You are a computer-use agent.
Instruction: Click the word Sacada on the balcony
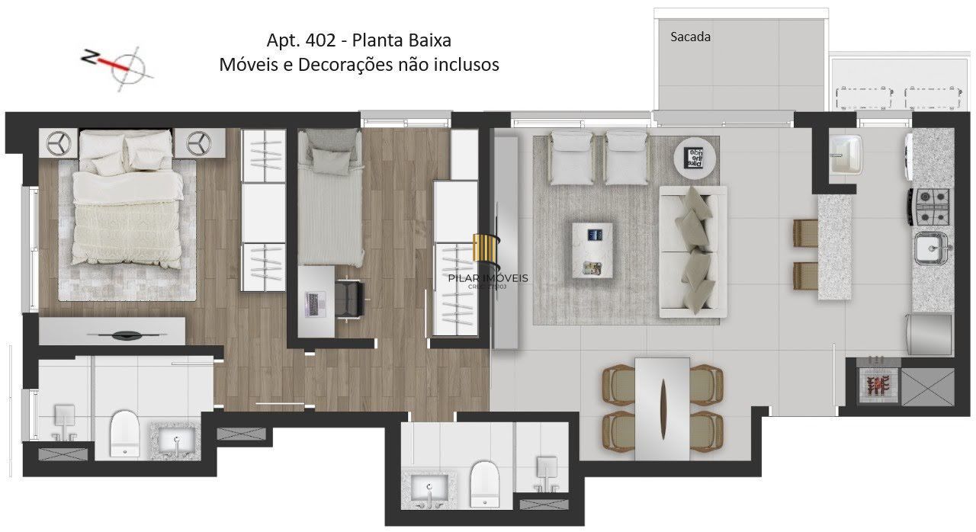[690, 36]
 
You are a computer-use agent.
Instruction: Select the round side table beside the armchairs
[693, 157]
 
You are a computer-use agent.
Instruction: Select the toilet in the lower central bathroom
[484, 483]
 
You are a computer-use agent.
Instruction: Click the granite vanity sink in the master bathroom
[176, 440]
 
